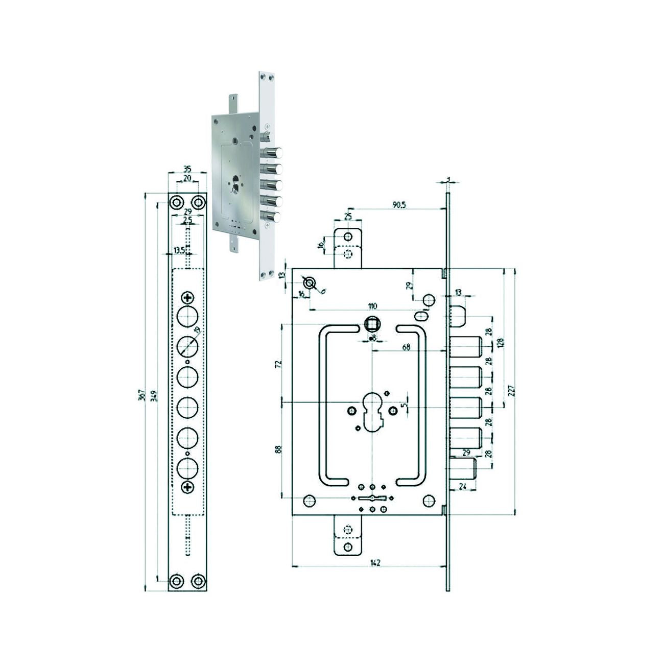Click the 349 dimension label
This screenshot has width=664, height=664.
click(154, 394)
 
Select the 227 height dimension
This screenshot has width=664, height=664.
click(511, 391)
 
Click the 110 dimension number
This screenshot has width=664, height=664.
click(372, 306)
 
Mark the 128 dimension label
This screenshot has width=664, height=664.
click(501, 343)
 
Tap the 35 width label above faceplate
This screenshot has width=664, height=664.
click(187, 169)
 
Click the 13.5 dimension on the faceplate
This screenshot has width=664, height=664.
click(179, 250)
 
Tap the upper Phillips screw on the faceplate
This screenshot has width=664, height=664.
click(188, 297)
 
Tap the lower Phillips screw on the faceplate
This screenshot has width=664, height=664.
click(188, 487)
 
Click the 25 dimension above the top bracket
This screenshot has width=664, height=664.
click(348, 217)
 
